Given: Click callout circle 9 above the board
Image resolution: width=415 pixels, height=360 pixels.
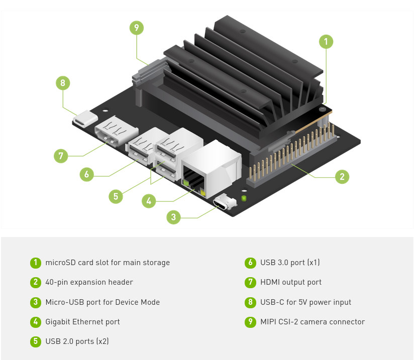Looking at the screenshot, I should point(136,28).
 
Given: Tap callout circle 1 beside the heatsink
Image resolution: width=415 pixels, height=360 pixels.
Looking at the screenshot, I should point(326,41).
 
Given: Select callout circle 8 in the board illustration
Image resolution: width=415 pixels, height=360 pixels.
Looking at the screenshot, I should point(62,83).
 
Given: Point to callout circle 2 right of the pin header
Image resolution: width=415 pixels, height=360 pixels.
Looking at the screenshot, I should point(342,177).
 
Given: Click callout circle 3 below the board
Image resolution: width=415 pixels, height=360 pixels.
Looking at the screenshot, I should point(173,217).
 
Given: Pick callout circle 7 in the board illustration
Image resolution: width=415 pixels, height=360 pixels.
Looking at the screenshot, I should point(61,156).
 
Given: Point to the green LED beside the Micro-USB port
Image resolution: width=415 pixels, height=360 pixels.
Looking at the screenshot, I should point(244,199).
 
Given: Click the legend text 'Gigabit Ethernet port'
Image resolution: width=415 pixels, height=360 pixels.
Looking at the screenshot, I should point(82,322).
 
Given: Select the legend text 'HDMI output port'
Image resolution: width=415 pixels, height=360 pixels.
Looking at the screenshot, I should point(291,282).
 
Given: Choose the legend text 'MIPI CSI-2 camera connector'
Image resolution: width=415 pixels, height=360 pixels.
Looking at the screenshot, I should point(313,322).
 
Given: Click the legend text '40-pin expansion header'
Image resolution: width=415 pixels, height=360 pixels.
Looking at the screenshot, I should point(89,282).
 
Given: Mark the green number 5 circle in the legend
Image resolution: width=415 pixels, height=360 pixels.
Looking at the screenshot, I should point(35,341).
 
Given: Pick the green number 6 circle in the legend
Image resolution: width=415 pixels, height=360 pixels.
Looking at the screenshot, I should point(250,263).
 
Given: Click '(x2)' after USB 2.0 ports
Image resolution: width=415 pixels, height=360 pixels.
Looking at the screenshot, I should point(102,341).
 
